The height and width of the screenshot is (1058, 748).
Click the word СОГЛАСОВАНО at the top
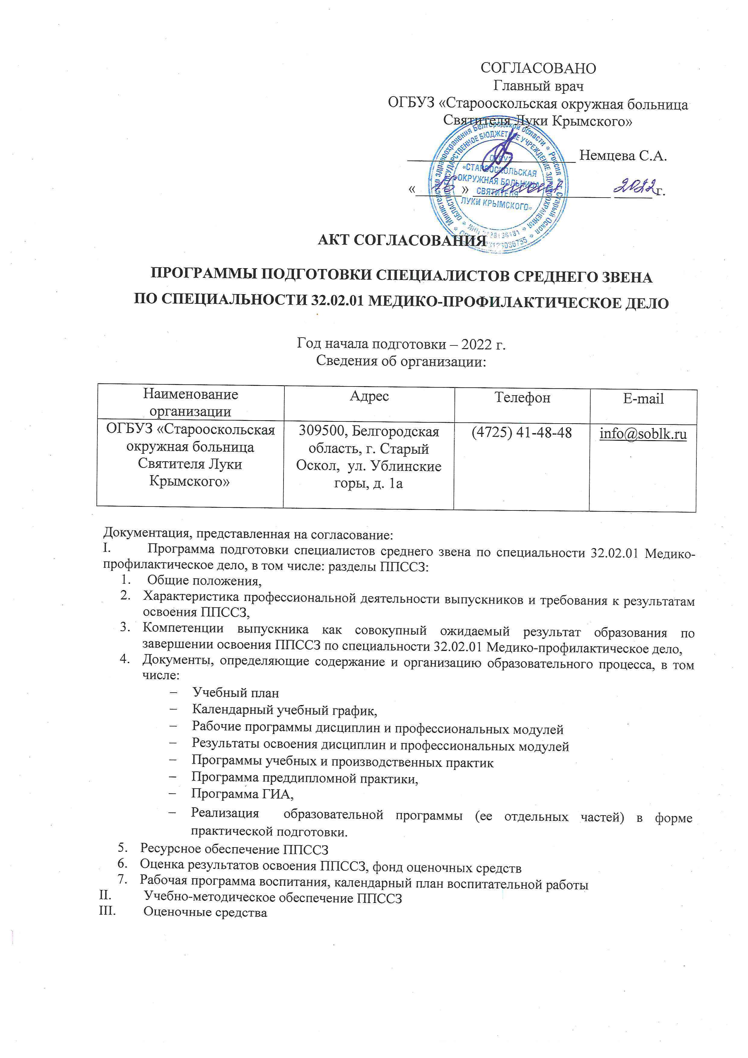(538, 68)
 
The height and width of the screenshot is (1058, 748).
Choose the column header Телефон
(522, 397)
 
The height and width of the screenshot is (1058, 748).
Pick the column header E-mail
(643, 399)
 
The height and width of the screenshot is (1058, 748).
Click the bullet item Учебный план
(235, 693)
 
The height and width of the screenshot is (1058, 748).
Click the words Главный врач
(538, 86)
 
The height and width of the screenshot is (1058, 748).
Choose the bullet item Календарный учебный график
(284, 710)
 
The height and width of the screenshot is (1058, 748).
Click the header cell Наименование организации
(190, 402)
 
